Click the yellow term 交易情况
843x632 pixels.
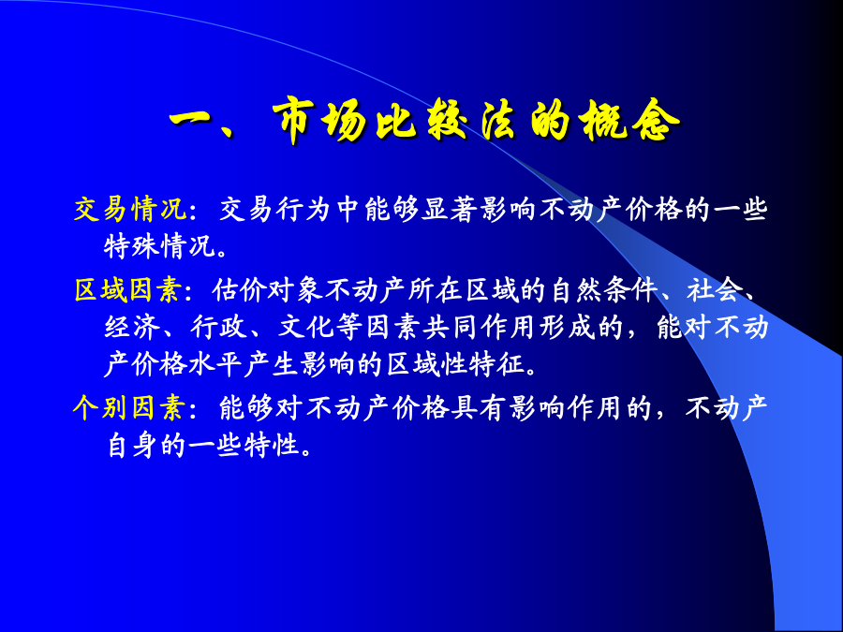click(130, 210)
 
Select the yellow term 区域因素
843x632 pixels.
click(128, 290)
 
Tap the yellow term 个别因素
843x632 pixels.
click(128, 408)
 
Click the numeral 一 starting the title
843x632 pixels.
click(191, 122)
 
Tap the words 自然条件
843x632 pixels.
click(605, 290)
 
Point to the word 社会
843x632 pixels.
click(714, 290)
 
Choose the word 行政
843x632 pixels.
click(218, 328)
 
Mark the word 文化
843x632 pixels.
click(305, 328)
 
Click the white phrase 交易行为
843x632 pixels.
click(275, 210)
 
